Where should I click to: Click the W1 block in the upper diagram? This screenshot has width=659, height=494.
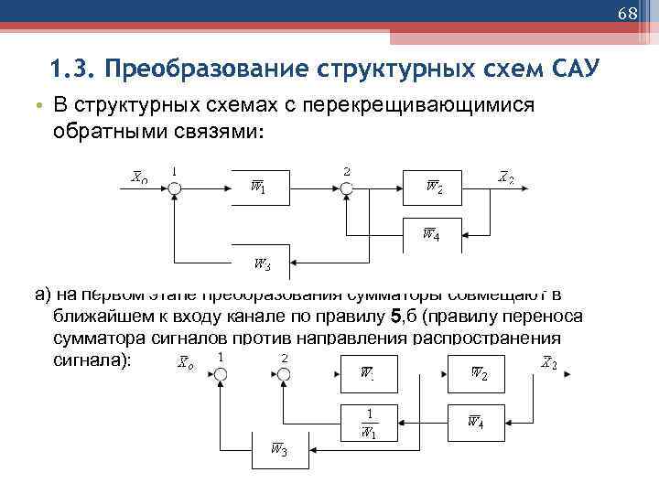(x=259, y=188)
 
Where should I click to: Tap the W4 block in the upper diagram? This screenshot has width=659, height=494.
(x=430, y=234)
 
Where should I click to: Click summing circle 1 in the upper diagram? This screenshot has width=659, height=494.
(x=175, y=188)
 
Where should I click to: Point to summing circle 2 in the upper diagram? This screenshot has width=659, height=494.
(x=346, y=188)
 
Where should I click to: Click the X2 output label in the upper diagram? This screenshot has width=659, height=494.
(x=505, y=177)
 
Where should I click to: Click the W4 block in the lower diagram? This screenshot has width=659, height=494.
(x=475, y=421)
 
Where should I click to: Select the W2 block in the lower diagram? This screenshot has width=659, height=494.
(x=477, y=373)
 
